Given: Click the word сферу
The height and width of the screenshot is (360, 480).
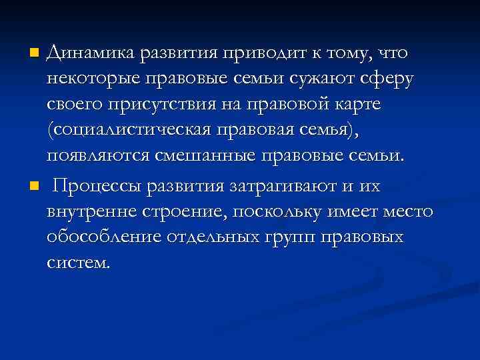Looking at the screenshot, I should click(x=386, y=79).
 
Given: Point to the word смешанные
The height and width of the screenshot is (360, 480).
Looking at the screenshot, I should click(x=207, y=157).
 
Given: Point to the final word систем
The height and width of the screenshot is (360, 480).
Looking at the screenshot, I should click(x=76, y=263).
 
